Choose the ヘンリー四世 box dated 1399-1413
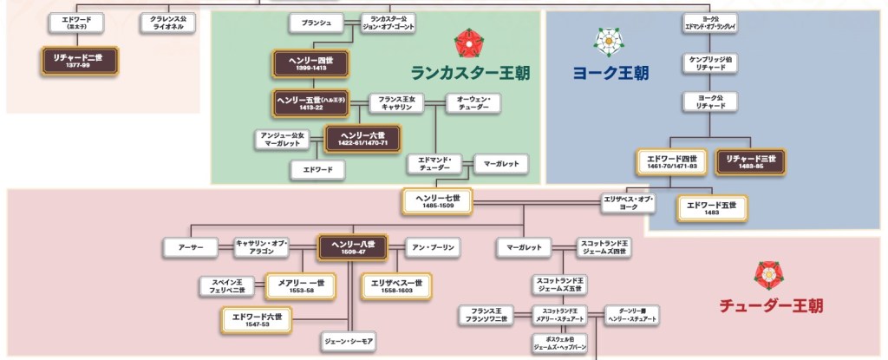click(x=310, y=62)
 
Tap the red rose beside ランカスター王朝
click(x=468, y=41)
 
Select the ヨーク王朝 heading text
click(x=610, y=74)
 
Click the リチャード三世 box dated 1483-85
click(x=751, y=161)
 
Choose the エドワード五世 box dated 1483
click(x=711, y=208)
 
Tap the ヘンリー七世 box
click(x=436, y=202)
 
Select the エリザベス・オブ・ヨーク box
click(x=628, y=204)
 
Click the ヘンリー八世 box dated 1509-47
click(x=352, y=248)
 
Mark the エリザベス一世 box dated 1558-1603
click(x=396, y=285)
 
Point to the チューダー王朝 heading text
click(x=770, y=305)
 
